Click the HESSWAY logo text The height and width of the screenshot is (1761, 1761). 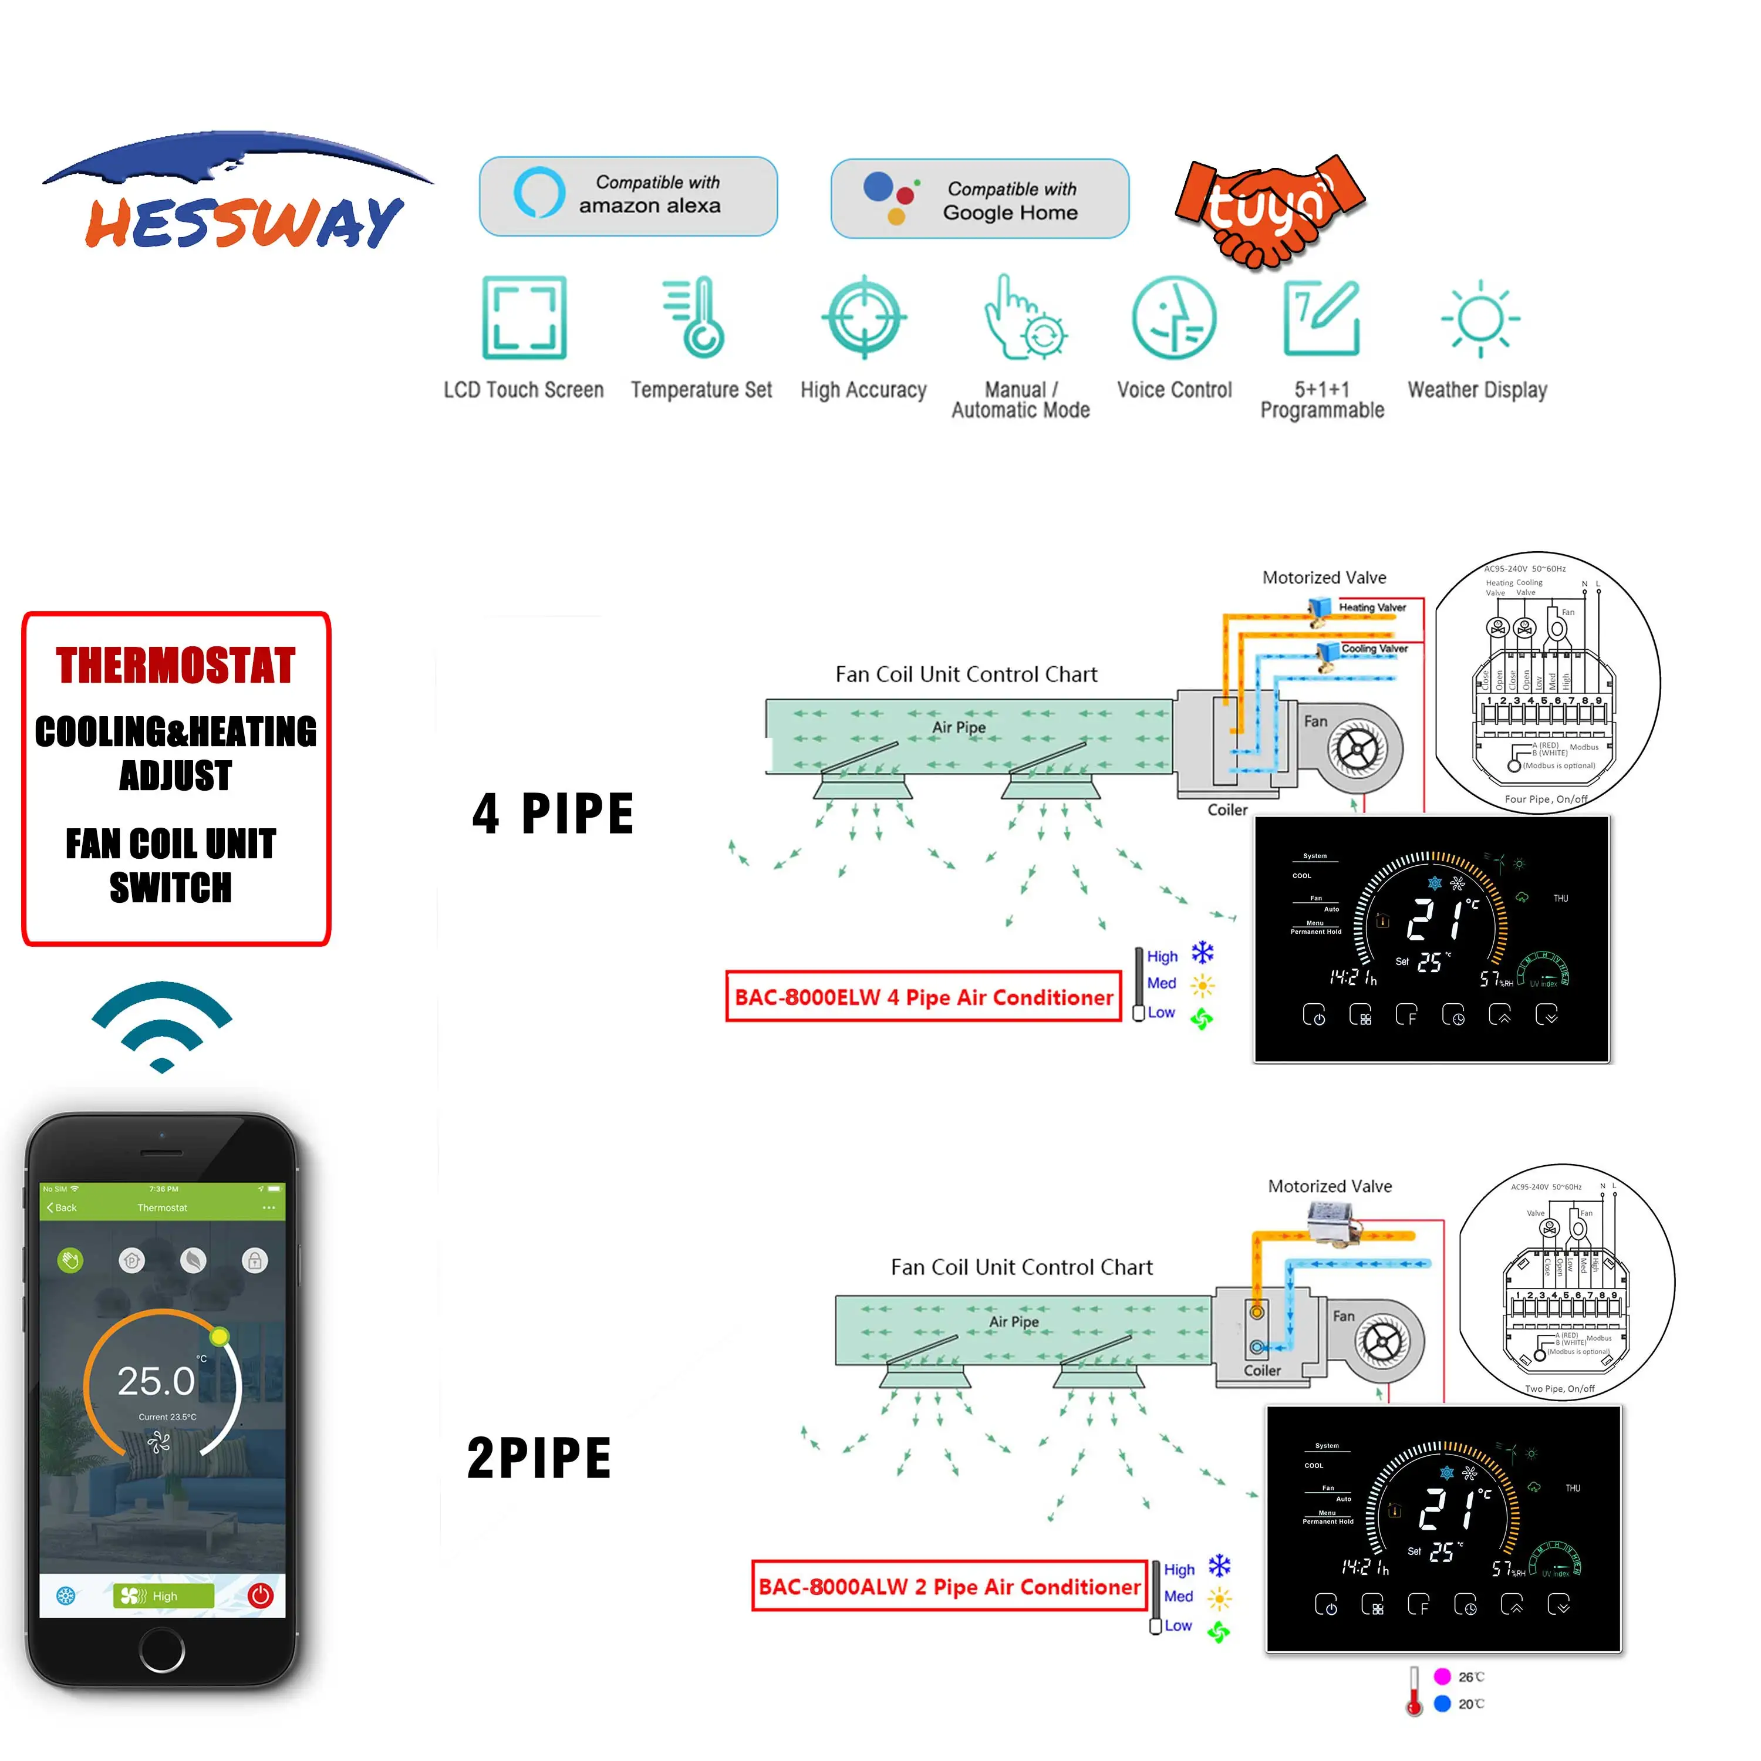click(244, 221)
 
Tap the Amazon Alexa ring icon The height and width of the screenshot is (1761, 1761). click(539, 193)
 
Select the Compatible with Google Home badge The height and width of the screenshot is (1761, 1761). click(980, 199)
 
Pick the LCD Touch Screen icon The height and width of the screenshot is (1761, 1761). click(524, 317)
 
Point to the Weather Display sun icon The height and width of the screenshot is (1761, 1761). click(1480, 318)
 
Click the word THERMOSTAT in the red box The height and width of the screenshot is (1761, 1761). click(176, 666)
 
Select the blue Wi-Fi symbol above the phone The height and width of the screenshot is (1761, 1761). click(162, 1025)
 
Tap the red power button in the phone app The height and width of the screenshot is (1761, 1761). click(261, 1595)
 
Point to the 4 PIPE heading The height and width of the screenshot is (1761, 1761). click(552, 814)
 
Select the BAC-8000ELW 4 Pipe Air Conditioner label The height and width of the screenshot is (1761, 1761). click(923, 997)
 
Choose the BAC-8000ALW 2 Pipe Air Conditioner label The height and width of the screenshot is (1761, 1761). click(949, 1587)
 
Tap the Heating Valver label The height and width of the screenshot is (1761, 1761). click(1372, 607)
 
